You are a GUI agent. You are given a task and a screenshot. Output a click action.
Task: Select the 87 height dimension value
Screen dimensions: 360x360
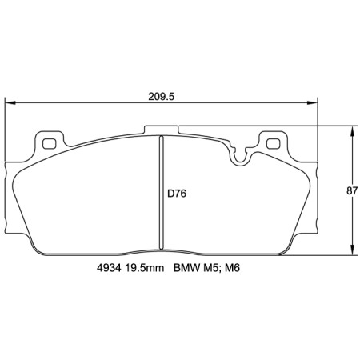click(350, 190)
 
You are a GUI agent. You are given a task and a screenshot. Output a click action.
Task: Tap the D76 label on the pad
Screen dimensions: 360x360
click(177, 192)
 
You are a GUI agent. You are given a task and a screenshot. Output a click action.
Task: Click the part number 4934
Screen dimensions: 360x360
click(98, 270)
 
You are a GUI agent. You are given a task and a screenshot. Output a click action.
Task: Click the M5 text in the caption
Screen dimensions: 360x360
click(211, 270)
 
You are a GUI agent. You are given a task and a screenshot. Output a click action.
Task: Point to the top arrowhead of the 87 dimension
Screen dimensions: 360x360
click(353, 130)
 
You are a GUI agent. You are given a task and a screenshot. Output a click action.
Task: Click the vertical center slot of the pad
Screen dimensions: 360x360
click(162, 192)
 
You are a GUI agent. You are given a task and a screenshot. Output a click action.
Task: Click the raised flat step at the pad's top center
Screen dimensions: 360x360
click(184, 128)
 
